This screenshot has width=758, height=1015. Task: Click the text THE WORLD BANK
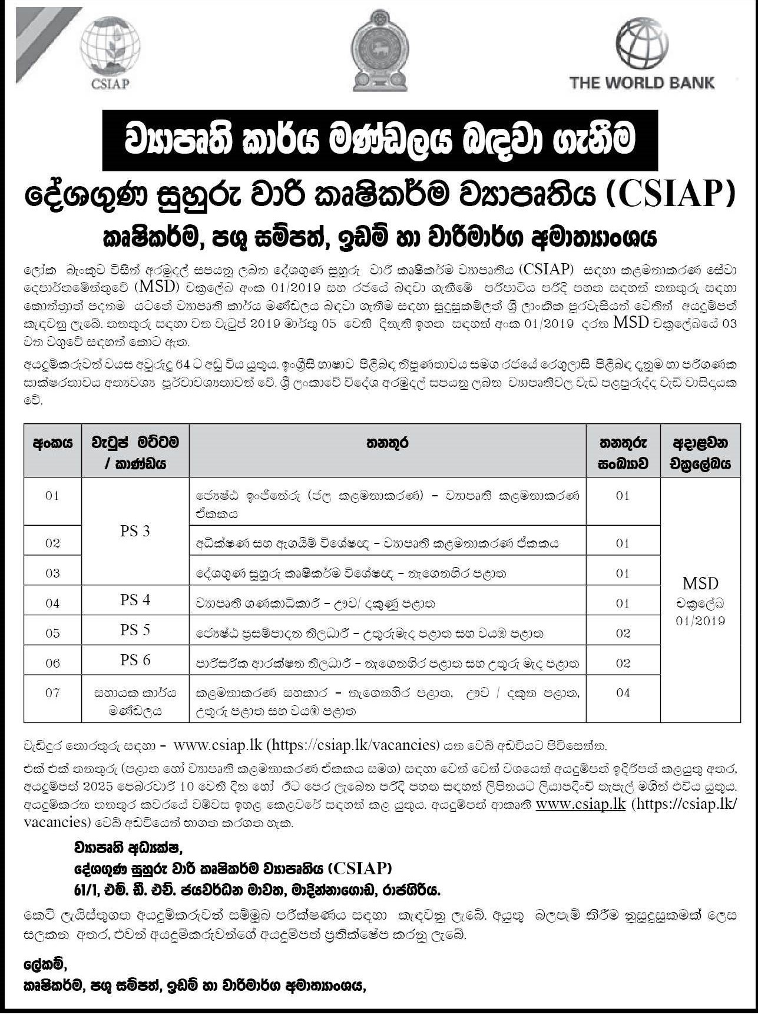coord(641,82)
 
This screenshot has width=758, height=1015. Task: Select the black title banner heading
coord(378,141)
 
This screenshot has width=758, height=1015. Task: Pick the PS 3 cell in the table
coord(135,531)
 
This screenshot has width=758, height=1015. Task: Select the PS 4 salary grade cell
coord(135,600)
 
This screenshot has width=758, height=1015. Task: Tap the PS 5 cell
coord(135,630)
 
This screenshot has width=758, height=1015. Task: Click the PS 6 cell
coord(135,660)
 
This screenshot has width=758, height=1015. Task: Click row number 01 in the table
coord(52,496)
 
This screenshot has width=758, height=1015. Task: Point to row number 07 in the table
coord(52,693)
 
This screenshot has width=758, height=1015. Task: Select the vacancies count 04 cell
coord(623,693)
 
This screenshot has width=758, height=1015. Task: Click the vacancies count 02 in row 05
coord(623,633)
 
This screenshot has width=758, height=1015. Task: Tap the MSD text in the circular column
coord(700,583)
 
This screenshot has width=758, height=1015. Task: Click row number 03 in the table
coord(52,573)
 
